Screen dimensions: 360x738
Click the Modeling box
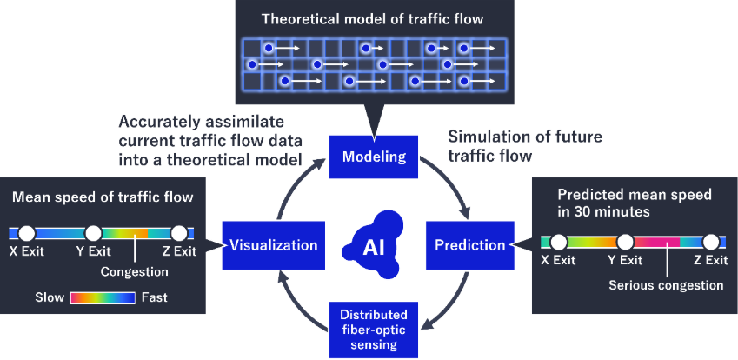(x=373, y=157)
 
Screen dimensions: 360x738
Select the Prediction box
(x=470, y=245)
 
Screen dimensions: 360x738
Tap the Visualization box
(x=274, y=245)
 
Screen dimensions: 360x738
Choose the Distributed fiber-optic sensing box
(x=373, y=329)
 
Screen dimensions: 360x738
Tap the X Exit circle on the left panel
(x=26, y=233)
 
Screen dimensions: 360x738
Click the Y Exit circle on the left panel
(x=93, y=233)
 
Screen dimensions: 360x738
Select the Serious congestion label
(x=666, y=284)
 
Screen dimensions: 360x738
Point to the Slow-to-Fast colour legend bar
(x=102, y=297)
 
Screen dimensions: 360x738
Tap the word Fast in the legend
(x=154, y=297)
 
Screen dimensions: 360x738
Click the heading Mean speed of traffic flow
(x=103, y=197)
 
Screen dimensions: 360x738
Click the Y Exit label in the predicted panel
(x=625, y=260)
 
